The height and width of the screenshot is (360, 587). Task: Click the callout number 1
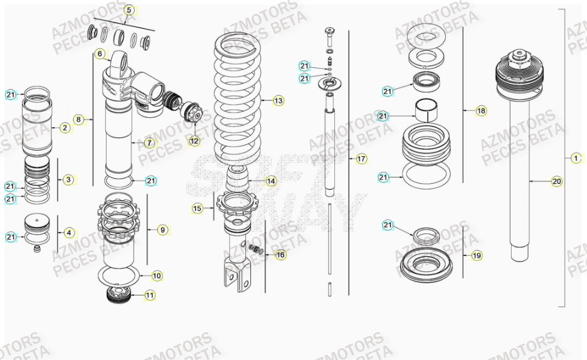[576, 158]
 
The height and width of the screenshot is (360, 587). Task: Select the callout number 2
[65, 128]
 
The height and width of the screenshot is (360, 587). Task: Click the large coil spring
[238, 100]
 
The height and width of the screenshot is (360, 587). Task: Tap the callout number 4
[69, 233]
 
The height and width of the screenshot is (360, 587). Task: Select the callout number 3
[68, 179]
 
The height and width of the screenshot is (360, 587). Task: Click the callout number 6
[100, 54]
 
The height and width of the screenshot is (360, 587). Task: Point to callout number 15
[197, 208]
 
